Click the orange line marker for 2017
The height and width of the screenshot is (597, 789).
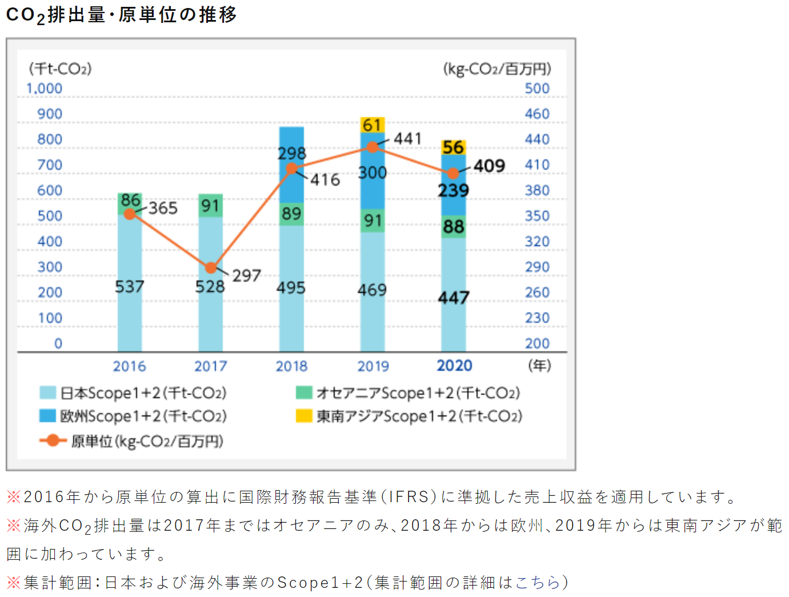click(x=211, y=267)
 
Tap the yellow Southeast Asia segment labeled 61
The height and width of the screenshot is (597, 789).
click(x=372, y=125)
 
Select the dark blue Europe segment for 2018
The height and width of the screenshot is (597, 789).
click(x=291, y=165)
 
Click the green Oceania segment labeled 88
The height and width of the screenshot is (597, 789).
click(x=454, y=227)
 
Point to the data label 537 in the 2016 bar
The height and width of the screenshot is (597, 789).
click(x=130, y=286)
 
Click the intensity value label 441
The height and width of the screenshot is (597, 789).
click(x=408, y=138)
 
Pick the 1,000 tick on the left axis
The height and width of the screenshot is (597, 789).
click(x=44, y=89)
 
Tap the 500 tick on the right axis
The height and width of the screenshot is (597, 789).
click(x=537, y=89)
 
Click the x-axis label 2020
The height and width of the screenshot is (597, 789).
click(x=454, y=366)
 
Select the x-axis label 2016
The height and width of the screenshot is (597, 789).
click(x=130, y=366)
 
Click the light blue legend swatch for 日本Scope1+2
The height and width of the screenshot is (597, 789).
click(x=47, y=392)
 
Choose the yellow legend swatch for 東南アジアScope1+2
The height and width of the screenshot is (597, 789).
click(x=304, y=416)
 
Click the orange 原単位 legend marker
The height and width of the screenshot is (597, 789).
click(x=53, y=440)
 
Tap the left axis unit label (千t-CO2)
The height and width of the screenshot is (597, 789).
click(x=61, y=69)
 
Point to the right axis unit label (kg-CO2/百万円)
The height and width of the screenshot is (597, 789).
click(x=497, y=69)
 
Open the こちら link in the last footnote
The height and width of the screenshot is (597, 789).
click(x=538, y=582)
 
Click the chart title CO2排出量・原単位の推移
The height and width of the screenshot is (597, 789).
click(x=121, y=15)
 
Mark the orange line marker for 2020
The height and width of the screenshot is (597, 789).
click(x=453, y=173)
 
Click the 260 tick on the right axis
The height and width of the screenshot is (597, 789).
click(x=537, y=293)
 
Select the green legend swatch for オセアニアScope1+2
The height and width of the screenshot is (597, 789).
click(x=304, y=392)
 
